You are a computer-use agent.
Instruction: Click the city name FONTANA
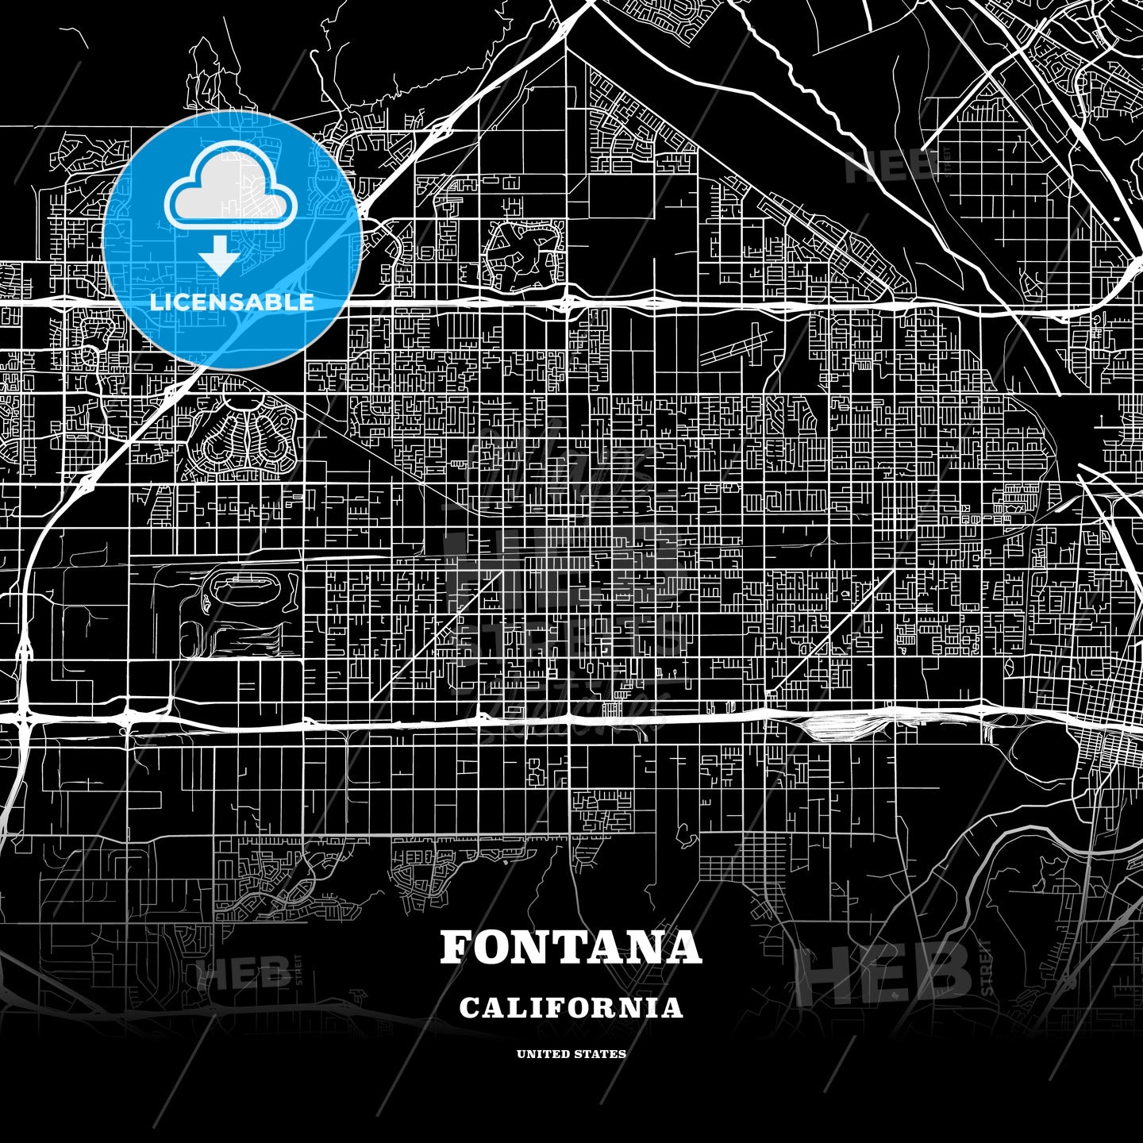[x=571, y=947]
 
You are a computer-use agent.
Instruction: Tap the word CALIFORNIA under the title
[x=571, y=1008]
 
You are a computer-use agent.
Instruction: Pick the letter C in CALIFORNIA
[x=469, y=1008]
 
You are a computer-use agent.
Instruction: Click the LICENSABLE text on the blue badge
[x=232, y=302]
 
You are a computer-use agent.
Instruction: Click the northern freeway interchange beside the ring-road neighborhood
[x=567, y=302]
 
